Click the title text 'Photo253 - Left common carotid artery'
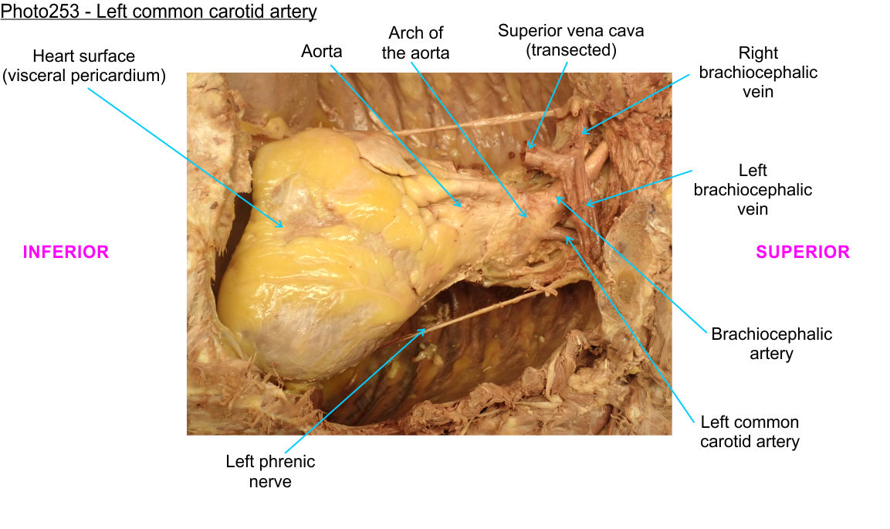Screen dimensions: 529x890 point(159,12)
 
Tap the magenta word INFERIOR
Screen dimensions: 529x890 point(66,252)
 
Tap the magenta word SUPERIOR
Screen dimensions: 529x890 point(803,252)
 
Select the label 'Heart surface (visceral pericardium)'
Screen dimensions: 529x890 point(84,66)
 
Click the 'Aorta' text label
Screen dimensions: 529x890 point(321,52)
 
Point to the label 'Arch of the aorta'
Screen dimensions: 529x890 point(415,43)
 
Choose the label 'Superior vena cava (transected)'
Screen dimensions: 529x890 point(570,40)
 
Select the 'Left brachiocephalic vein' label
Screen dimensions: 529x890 point(753,189)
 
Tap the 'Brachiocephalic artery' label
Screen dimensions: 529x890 point(771,344)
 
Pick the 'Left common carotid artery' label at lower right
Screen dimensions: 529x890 point(750,432)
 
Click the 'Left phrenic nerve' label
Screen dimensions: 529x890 point(270,471)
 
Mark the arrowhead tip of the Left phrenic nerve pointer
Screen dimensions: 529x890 point(426,329)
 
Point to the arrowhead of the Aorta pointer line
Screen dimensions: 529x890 point(462,206)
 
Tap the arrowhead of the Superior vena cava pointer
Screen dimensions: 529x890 point(529,148)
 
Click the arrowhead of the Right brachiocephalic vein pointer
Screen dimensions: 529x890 point(581,132)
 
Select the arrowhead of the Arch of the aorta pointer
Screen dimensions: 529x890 point(527,217)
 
